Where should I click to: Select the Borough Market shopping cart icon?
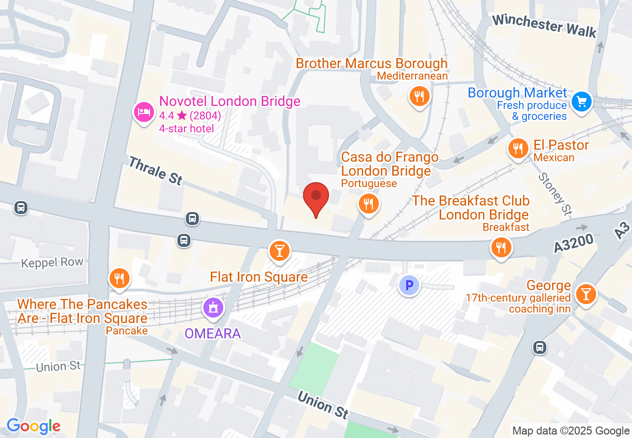[x=581, y=102]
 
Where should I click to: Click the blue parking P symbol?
[x=409, y=286]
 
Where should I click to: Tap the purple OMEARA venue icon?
[x=213, y=308]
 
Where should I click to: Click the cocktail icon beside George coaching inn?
[x=585, y=294]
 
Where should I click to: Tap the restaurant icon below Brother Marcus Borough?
[x=419, y=96]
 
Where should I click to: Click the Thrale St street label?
[x=156, y=170]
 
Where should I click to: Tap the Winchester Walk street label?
[x=544, y=25]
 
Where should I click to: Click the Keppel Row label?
[x=52, y=263]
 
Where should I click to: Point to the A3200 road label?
[x=574, y=244]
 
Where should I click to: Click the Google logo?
[x=33, y=426]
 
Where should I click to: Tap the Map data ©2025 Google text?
[x=571, y=431]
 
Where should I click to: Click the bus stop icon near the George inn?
[x=540, y=347]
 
